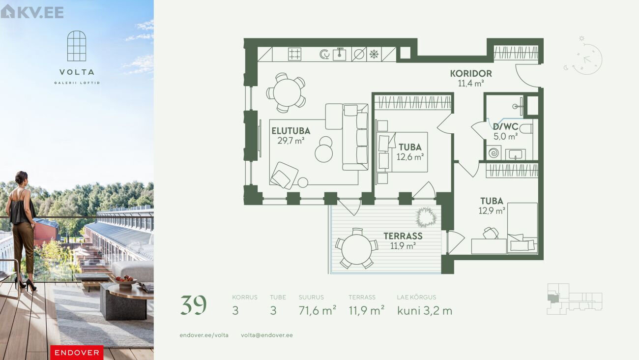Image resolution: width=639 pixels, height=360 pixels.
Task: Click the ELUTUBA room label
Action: (290, 131)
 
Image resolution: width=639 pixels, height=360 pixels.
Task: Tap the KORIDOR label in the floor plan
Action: (471, 74)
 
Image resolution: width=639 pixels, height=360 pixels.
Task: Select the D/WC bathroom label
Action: (505, 126)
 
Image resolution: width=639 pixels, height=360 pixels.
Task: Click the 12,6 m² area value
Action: (410, 157)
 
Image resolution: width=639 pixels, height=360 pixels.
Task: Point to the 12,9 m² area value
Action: (492, 210)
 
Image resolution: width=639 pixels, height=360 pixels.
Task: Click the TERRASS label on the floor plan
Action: (403, 236)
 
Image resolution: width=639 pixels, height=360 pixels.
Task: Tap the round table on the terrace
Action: (356, 249)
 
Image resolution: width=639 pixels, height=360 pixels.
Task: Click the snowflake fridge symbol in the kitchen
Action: (374, 54)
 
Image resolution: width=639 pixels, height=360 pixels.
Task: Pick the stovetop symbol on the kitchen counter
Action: (294, 54)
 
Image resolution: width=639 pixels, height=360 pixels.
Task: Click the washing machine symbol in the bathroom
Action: (494, 153)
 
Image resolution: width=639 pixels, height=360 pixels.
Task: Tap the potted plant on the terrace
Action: (426, 217)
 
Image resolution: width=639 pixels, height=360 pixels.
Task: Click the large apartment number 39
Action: (193, 305)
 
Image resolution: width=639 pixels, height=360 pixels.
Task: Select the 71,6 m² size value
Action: (317, 311)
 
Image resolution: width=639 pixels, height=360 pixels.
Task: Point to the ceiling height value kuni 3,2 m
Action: (425, 311)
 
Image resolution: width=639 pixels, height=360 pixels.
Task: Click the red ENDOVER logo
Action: (77, 353)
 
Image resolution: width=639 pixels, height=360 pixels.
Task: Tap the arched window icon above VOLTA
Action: (77, 46)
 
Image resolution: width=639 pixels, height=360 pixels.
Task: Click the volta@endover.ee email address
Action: (267, 335)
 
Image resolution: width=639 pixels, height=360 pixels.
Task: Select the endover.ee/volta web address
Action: (204, 335)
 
